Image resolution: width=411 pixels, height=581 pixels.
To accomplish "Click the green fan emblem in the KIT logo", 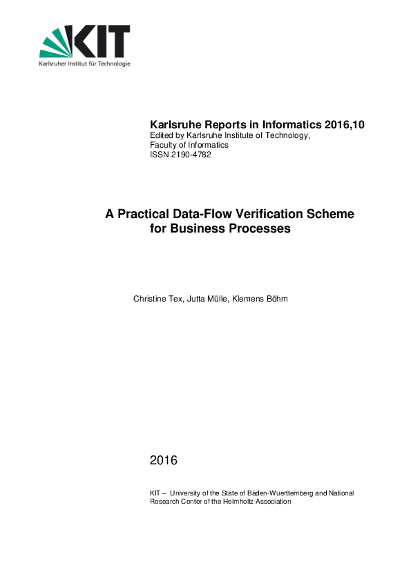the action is [57, 44].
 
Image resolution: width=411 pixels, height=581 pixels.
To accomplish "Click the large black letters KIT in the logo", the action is [104, 42].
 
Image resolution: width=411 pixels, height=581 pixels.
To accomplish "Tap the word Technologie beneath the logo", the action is [112, 63].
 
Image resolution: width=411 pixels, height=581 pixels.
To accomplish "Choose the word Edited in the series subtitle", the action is [162, 136].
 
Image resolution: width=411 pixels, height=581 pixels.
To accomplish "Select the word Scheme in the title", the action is [331, 215].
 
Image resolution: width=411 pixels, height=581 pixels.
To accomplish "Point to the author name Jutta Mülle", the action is [207, 299].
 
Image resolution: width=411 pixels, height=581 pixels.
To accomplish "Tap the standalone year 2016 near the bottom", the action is [164, 460].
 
